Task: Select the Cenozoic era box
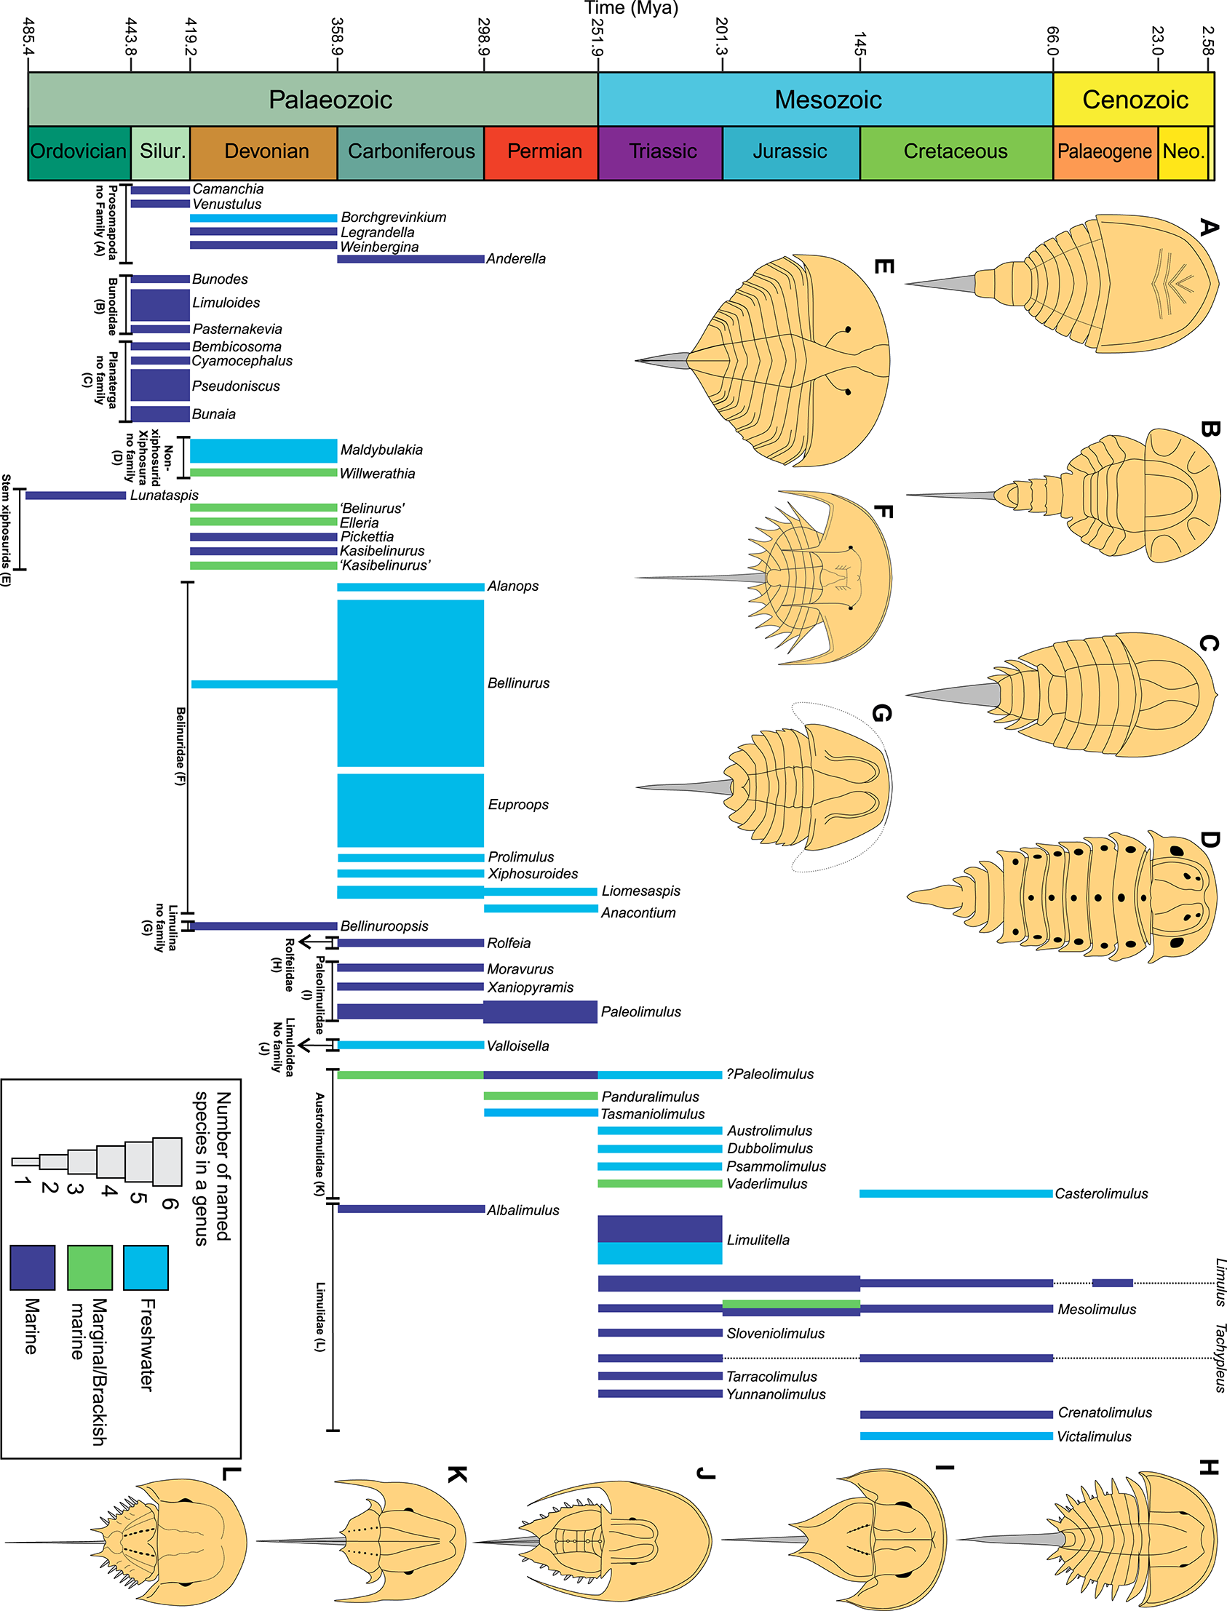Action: [x=1134, y=99]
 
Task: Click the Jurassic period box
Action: [x=790, y=152]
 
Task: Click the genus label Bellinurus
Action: [x=519, y=683]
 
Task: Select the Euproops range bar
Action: [x=410, y=810]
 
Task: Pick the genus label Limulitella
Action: [x=758, y=1240]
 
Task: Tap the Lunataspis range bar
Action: [x=75, y=496]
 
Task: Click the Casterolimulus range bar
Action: [x=956, y=1194]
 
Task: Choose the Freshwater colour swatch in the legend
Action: [x=146, y=1268]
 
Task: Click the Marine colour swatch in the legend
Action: [x=32, y=1268]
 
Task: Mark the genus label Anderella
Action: [x=516, y=259]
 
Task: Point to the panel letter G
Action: [x=882, y=713]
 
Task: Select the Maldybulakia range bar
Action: [x=263, y=450]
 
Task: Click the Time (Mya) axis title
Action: [x=631, y=9]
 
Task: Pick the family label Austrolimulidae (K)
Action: [x=319, y=1144]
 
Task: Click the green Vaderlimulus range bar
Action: [x=659, y=1184]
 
